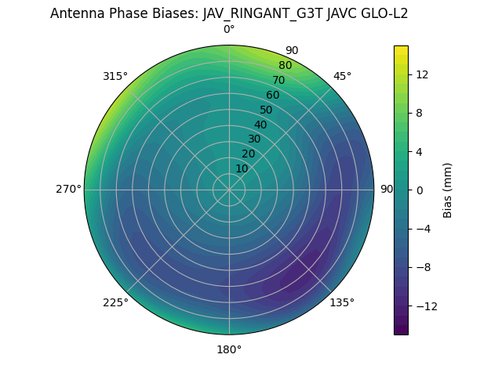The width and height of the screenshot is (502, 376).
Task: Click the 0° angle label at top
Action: (x=229, y=30)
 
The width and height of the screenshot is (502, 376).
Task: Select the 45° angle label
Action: (x=342, y=76)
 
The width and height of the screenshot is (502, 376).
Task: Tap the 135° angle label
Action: (x=342, y=302)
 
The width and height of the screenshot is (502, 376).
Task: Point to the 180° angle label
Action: (x=229, y=349)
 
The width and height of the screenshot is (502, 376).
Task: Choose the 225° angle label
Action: (x=115, y=302)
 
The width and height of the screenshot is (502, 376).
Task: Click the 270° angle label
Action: (x=68, y=189)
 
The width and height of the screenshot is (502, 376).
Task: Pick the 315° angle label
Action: (x=115, y=76)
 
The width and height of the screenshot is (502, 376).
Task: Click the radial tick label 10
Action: (x=242, y=168)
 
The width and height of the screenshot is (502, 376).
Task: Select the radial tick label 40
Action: (x=260, y=125)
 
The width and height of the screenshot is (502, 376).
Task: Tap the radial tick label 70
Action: (x=278, y=80)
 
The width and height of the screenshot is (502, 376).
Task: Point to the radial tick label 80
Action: (x=285, y=65)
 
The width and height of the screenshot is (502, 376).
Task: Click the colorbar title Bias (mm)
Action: (x=448, y=190)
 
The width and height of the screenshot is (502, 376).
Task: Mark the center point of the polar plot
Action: (x=229, y=190)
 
